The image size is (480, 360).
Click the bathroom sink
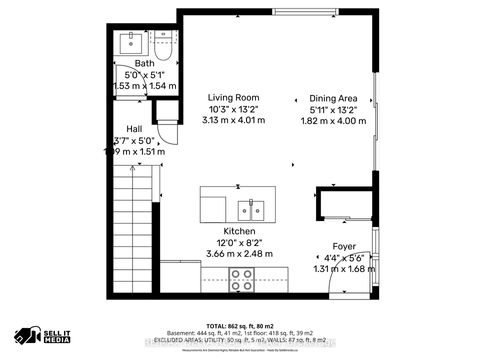coord(132,43)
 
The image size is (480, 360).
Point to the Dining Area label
coord(334,98)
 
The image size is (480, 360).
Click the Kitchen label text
coord(241,230)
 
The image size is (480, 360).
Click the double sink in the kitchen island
coord(251,210)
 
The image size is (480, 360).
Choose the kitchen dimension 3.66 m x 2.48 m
coord(241,254)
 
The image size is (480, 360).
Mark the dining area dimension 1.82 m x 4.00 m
coord(334,120)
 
